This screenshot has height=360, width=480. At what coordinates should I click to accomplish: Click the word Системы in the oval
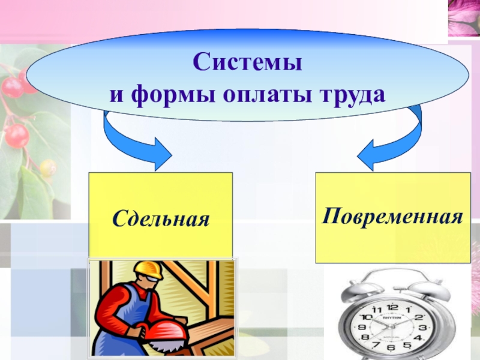click(x=247, y=62)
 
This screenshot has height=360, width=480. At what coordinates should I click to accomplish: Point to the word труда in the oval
click(x=350, y=94)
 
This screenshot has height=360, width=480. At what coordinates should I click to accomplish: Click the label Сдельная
click(x=160, y=218)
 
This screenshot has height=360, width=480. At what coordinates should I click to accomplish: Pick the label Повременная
click(x=392, y=215)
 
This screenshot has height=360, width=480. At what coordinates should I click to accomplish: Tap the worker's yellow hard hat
click(x=149, y=269)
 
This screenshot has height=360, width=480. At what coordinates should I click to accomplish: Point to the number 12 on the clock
click(x=392, y=307)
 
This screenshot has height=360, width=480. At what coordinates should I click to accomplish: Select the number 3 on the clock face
click(x=422, y=328)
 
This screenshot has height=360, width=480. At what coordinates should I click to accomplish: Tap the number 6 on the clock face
click(x=391, y=347)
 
